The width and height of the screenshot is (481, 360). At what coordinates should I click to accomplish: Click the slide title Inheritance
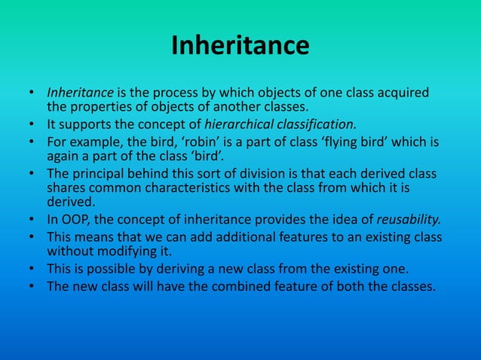(x=240, y=46)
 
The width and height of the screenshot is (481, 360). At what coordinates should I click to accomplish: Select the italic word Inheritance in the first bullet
(x=79, y=93)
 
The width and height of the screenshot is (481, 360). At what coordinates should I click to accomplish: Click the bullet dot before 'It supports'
(x=32, y=124)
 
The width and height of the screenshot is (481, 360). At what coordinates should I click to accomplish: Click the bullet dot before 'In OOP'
(x=32, y=220)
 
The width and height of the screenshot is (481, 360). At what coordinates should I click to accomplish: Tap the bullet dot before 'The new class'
(x=32, y=285)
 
